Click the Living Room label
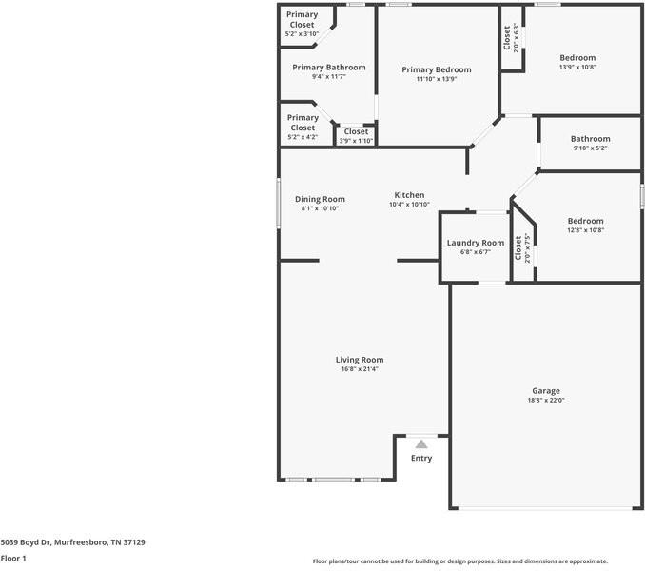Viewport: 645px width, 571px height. (x=360, y=360)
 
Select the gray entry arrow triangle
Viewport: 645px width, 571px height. (x=420, y=443)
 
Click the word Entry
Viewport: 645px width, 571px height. (x=420, y=459)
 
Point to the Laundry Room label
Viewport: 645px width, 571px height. (x=476, y=243)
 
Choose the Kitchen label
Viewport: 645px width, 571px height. (x=409, y=195)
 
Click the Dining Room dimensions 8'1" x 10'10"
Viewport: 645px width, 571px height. (x=320, y=208)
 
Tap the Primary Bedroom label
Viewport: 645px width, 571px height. (x=436, y=69)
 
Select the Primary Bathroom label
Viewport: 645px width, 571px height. (x=328, y=68)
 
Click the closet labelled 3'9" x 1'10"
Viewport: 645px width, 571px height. (x=356, y=131)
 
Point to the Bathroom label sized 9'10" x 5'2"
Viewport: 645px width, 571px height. (x=590, y=139)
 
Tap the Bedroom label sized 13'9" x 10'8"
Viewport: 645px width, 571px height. (x=577, y=58)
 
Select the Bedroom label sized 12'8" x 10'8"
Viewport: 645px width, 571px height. (x=585, y=221)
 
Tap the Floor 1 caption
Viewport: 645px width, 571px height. (x=13, y=559)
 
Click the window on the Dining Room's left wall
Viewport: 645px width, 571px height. (x=279, y=204)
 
